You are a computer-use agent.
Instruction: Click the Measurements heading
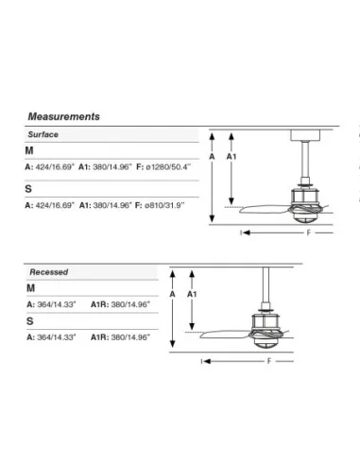coord(64,116)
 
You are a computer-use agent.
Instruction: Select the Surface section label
coord(43,134)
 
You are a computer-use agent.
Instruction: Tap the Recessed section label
coord(49,272)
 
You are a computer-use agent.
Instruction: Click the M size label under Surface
coord(29,150)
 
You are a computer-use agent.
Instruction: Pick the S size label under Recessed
coord(30,321)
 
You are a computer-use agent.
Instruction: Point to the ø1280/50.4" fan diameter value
coord(168,166)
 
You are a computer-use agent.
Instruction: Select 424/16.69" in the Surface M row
coord(55,166)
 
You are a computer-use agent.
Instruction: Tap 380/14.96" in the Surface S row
coord(112,205)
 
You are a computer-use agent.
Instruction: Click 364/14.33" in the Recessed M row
coord(57,304)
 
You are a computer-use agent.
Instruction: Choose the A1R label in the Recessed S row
coord(99,337)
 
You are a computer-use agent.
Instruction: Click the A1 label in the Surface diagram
coord(231,156)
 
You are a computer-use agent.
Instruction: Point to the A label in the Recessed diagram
coord(172,294)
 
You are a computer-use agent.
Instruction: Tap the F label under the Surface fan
coord(309,232)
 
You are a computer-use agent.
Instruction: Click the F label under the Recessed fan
coord(269,361)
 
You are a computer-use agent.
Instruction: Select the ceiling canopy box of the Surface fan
coord(305,135)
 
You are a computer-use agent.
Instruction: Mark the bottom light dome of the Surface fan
coord(303,218)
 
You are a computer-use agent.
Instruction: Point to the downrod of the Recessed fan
coord(266,285)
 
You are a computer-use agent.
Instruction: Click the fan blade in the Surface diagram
coord(266,209)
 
